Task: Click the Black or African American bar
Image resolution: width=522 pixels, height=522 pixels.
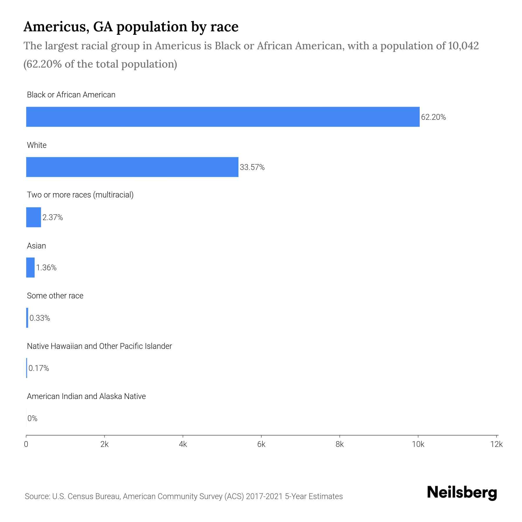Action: click(223, 117)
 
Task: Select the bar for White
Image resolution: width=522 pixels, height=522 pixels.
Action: click(132, 167)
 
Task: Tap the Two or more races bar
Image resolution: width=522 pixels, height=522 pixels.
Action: click(34, 217)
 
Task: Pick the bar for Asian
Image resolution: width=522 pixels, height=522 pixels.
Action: click(30, 267)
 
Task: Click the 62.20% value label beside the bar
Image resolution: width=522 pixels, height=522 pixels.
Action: click(433, 117)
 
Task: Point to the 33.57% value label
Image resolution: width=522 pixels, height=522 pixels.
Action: click(252, 167)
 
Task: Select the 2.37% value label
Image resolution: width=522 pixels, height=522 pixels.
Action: click(52, 217)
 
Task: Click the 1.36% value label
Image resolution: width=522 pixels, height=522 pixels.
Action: click(46, 268)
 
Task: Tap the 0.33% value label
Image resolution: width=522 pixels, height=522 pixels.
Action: click(40, 318)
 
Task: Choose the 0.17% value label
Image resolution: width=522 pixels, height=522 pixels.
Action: click(39, 368)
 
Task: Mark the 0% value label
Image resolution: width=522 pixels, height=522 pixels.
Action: click(32, 418)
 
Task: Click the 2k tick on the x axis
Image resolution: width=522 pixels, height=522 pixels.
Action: click(104, 444)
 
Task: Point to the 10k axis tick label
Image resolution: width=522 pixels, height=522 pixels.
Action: click(418, 444)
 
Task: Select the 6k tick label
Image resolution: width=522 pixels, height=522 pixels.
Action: click(261, 444)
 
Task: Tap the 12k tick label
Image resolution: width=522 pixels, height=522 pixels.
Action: click(496, 444)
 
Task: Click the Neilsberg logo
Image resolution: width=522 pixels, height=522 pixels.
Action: click(462, 493)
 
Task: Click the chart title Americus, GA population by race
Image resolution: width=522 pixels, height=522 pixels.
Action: click(131, 27)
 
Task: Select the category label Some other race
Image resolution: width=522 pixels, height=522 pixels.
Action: click(55, 296)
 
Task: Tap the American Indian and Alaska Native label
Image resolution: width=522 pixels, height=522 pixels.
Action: click(86, 396)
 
